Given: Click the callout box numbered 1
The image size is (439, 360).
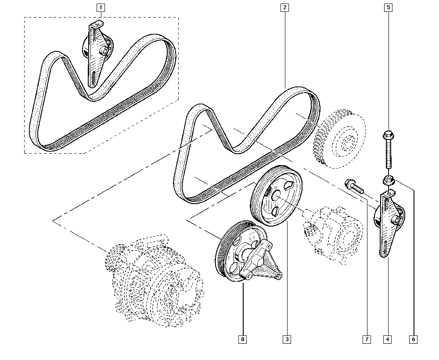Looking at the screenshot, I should pyautogui.click(x=101, y=7).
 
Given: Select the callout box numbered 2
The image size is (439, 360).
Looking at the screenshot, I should pyautogui.click(x=285, y=7).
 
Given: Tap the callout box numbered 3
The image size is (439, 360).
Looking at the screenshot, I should pyautogui.click(x=287, y=339).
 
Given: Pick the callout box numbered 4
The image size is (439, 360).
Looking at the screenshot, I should pyautogui.click(x=387, y=339).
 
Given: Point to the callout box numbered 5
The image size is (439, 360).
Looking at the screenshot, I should pyautogui.click(x=388, y=7).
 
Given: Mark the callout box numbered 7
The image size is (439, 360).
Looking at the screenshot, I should pyautogui.click(x=366, y=339).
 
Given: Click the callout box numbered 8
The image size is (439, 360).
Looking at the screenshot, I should pyautogui.click(x=242, y=339).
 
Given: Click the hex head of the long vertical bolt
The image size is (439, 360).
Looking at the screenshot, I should pyautogui.click(x=388, y=134).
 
